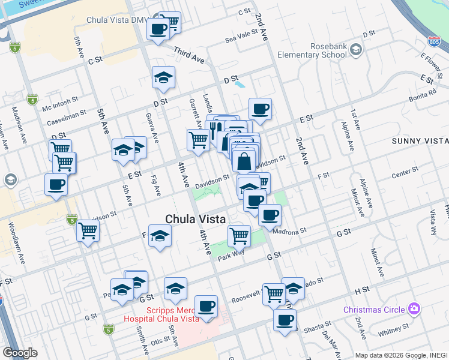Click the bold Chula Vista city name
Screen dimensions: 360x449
pyautogui.click(x=196, y=220)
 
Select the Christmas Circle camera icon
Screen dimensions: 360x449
pyautogui.click(x=413, y=309)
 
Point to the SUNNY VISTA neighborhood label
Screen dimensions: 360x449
pyautogui.click(x=420, y=140)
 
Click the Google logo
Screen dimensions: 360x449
pyautogui.click(x=20, y=353)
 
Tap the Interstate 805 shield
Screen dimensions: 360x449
pyautogui.click(x=439, y=41)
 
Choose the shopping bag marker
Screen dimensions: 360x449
pyautogui.click(x=244, y=161)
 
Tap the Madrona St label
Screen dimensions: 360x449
pyautogui.click(x=289, y=230)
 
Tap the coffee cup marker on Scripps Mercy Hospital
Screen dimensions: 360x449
pyautogui.click(x=206, y=306)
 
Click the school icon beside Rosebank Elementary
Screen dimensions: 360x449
pyautogui.click(x=356, y=49)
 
